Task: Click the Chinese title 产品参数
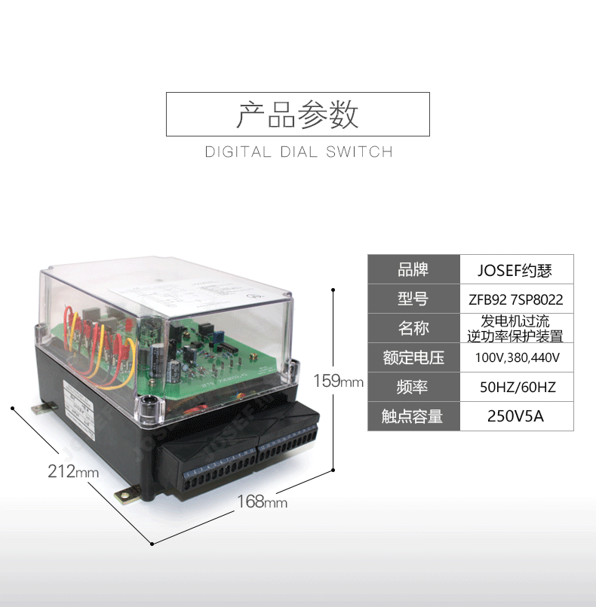(x=297, y=114)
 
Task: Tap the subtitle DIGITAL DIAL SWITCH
(x=299, y=152)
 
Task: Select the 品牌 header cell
(x=413, y=269)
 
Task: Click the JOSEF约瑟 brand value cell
(x=515, y=269)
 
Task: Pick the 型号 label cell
(x=413, y=299)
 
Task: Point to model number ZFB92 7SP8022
(x=515, y=299)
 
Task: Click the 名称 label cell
(x=413, y=328)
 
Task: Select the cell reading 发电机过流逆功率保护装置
(x=515, y=328)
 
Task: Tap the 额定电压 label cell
(x=413, y=357)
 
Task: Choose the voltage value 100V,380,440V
(x=515, y=357)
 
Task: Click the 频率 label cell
(x=413, y=387)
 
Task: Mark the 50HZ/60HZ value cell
(x=515, y=387)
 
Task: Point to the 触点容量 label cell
(x=413, y=416)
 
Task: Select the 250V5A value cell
(x=515, y=416)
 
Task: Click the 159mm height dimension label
(x=338, y=381)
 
